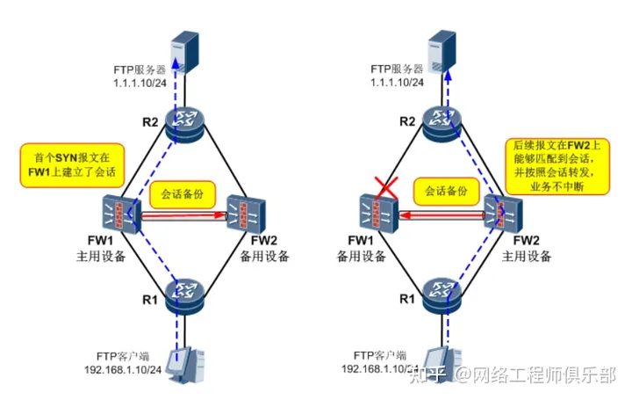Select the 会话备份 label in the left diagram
pyautogui.click(x=183, y=193)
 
